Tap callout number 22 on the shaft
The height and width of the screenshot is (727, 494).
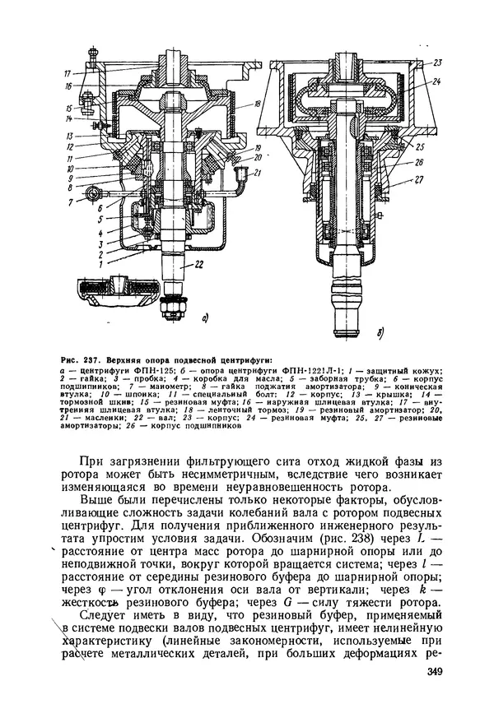point(198,264)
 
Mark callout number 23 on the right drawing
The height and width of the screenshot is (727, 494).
point(437,63)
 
